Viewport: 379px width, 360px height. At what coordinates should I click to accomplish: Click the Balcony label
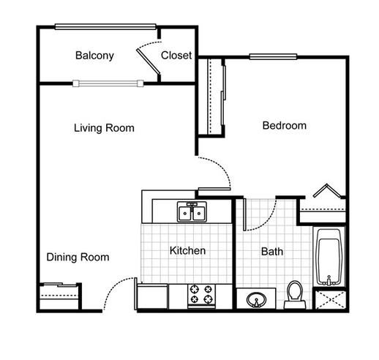pos(94,56)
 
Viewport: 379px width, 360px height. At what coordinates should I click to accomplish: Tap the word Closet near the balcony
pos(176,56)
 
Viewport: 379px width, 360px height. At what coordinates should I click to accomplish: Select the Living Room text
pos(104,128)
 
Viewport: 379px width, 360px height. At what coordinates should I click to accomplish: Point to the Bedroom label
pos(284,125)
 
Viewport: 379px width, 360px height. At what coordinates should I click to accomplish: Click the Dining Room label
pos(78,257)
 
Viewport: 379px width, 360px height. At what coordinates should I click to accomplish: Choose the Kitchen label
pos(187,251)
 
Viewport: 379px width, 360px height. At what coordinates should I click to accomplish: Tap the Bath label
pos(272,252)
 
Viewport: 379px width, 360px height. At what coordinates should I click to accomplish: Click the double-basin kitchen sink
pos(192,212)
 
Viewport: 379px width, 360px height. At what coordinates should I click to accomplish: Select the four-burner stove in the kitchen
pos(203,294)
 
